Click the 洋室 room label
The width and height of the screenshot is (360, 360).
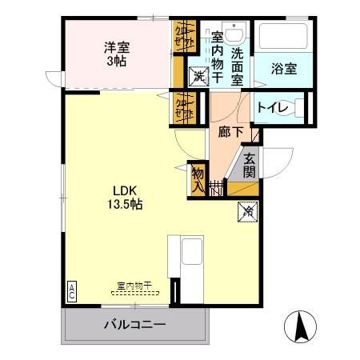[x=117, y=46]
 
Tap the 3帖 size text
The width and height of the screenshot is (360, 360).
[x=117, y=61]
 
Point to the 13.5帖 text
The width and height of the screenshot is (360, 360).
[x=126, y=205]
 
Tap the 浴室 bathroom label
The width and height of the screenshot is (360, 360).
[x=283, y=69]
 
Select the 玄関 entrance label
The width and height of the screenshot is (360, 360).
[x=250, y=165]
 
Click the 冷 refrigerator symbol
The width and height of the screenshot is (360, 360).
[x=247, y=212]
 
